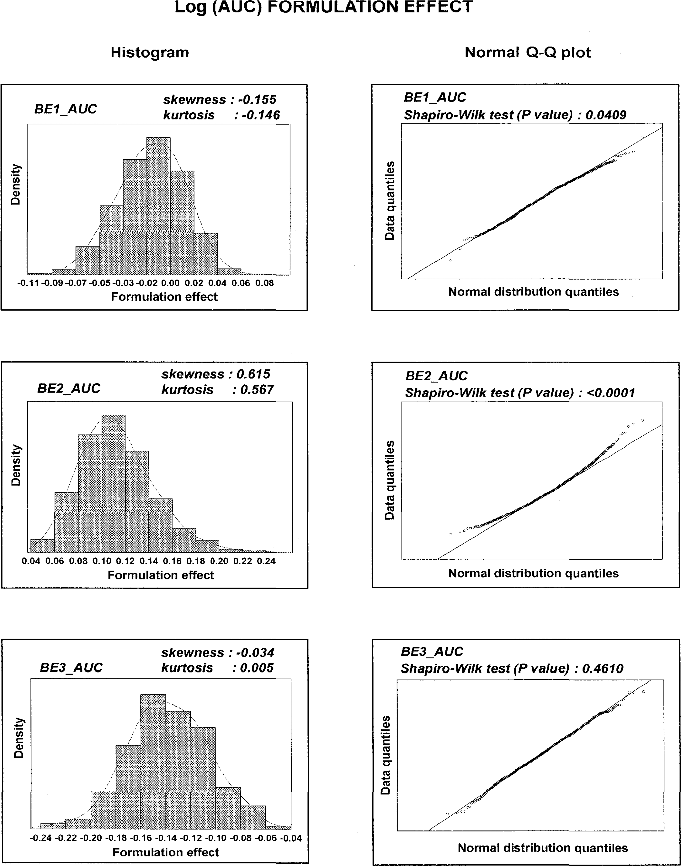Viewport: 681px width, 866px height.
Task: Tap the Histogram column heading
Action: pyautogui.click(x=150, y=52)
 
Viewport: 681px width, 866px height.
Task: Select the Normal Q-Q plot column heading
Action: pyautogui.click(x=527, y=52)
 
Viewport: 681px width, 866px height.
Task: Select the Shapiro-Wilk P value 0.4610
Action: pyautogui.click(x=603, y=669)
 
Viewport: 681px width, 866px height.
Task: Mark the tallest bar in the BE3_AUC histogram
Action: pyautogui.click(x=153, y=762)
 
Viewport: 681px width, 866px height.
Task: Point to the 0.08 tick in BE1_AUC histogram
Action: pyautogui.click(x=264, y=283)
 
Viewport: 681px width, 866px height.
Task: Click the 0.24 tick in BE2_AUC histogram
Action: pyautogui.click(x=266, y=561)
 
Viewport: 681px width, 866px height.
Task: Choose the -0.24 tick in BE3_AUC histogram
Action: pyautogui.click(x=41, y=838)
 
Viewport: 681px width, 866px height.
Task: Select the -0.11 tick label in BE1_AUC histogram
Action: pyautogui.click(x=28, y=283)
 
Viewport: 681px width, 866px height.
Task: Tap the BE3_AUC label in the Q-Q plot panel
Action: pyautogui.click(x=432, y=651)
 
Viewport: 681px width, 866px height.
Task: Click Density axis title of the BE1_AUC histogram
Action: pyautogui.click(x=16, y=184)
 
